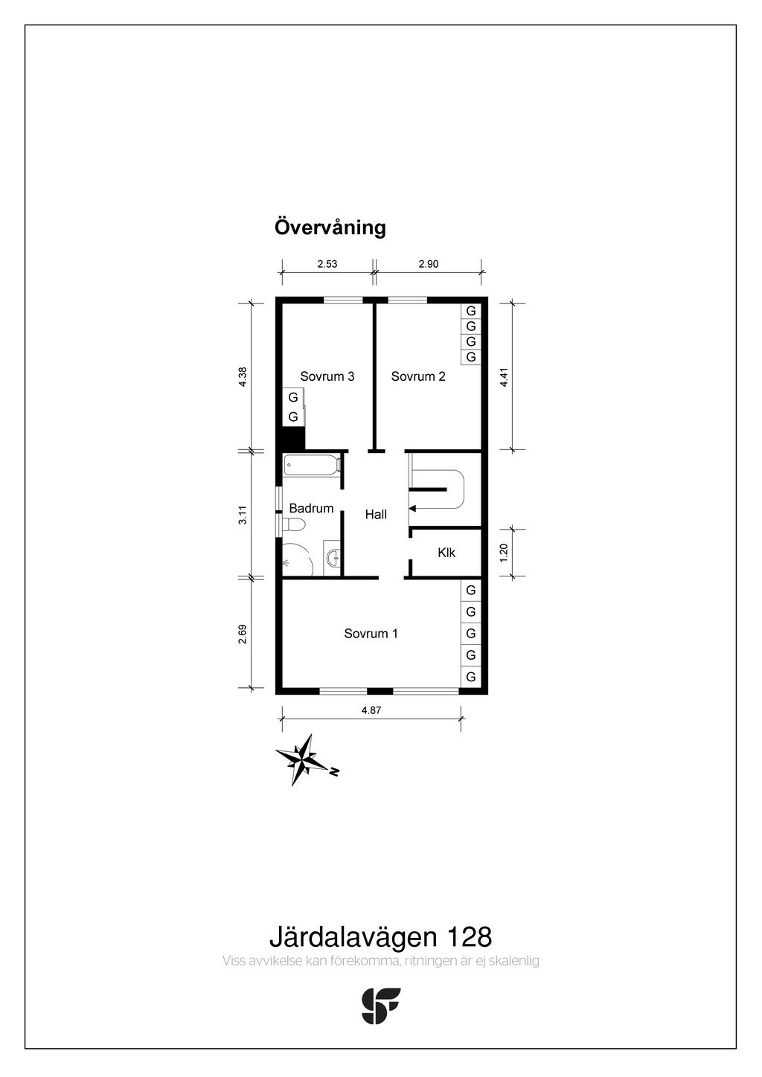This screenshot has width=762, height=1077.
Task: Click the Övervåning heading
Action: click(x=330, y=227)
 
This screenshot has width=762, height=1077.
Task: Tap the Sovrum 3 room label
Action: click(x=327, y=376)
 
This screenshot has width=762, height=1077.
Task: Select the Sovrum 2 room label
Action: click(x=418, y=376)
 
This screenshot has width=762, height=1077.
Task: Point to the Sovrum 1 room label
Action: click(x=371, y=633)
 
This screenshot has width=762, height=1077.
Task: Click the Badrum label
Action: click(x=311, y=508)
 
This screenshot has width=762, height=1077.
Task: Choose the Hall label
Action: click(x=376, y=515)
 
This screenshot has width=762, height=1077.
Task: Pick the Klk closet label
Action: click(x=446, y=553)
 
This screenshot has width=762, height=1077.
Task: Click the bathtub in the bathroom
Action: click(x=312, y=466)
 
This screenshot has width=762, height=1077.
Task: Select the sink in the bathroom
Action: click(x=332, y=558)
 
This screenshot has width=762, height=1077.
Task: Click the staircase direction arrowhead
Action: click(x=412, y=508)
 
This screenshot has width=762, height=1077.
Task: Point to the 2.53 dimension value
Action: click(x=327, y=264)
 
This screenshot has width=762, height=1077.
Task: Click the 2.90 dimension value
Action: click(x=428, y=264)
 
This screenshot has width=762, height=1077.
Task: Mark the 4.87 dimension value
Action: click(x=371, y=710)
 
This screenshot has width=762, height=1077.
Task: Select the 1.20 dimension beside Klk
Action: click(x=504, y=553)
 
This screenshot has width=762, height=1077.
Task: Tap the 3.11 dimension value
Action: click(x=243, y=515)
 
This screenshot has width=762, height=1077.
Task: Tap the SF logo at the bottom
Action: click(x=380, y=1006)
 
